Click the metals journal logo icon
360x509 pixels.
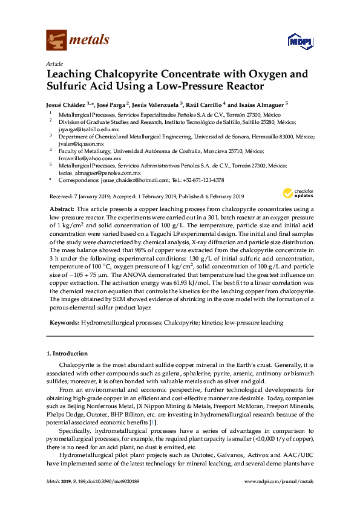pyautogui.click(x=57, y=41)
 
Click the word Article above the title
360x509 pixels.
pyautogui.click(x=54, y=63)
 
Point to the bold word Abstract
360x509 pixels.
pyautogui.click(x=61, y=207)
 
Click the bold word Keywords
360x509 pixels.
pyautogui.click(x=63, y=323)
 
